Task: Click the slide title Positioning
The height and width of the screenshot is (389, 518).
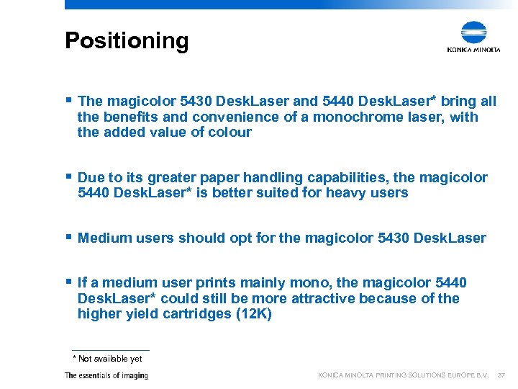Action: pos(127,40)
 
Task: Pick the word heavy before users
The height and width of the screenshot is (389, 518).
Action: pos(349,193)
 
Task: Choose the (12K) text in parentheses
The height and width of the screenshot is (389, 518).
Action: pos(254,315)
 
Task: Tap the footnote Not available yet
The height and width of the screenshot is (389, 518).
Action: pos(109,359)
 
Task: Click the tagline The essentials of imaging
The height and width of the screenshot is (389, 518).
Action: pos(106,375)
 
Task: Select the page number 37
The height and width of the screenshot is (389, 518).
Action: pos(501,375)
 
